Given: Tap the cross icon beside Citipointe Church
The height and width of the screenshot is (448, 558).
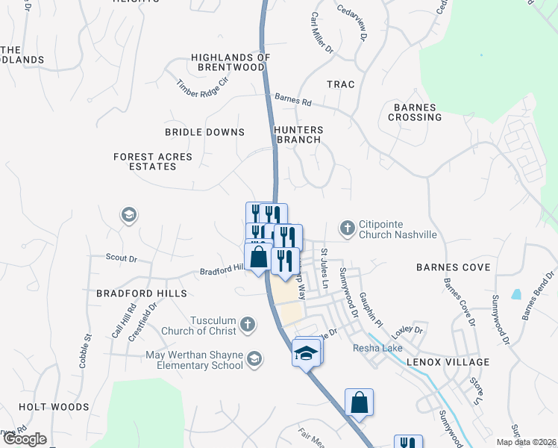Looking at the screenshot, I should click(x=347, y=227).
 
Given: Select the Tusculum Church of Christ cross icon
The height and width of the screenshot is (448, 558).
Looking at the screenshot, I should click(x=248, y=326).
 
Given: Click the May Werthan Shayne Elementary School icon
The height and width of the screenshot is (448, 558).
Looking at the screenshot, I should click(x=254, y=360).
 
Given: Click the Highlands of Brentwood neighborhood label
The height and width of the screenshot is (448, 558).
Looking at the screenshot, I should click(x=228, y=62).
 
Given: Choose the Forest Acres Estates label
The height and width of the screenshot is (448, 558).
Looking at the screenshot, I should click(x=153, y=162).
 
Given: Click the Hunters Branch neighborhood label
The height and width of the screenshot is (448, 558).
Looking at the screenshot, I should click(x=298, y=134).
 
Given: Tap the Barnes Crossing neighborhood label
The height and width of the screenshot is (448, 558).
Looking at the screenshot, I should click(x=415, y=112).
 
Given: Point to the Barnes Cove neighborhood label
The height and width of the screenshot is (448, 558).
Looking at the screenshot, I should click(x=454, y=267).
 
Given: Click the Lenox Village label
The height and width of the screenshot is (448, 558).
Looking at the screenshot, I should click(x=448, y=362).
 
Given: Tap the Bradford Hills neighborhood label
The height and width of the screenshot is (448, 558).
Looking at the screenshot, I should click(x=141, y=294).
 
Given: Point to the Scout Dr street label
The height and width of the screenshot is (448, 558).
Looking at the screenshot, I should click(x=122, y=259).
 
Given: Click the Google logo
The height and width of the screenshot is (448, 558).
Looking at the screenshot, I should click(x=25, y=439).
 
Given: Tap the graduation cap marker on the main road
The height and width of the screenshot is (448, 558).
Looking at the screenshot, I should click(x=307, y=352).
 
